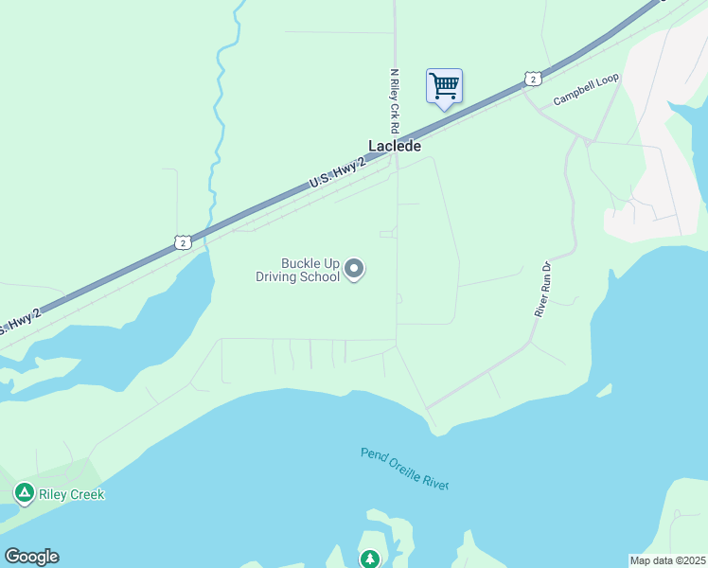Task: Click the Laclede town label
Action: click(x=395, y=147)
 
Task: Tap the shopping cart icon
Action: click(x=444, y=86)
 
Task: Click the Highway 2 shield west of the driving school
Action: click(x=183, y=242)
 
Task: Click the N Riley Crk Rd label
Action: click(x=395, y=100)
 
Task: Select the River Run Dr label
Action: click(x=542, y=290)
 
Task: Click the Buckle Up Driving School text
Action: click(x=297, y=270)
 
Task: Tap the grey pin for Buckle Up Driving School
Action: click(x=354, y=270)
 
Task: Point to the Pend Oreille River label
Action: click(x=404, y=468)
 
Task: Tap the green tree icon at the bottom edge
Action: click(x=369, y=559)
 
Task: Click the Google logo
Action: click(x=31, y=557)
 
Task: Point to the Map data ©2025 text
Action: click(x=667, y=559)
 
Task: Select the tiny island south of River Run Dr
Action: click(x=603, y=390)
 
